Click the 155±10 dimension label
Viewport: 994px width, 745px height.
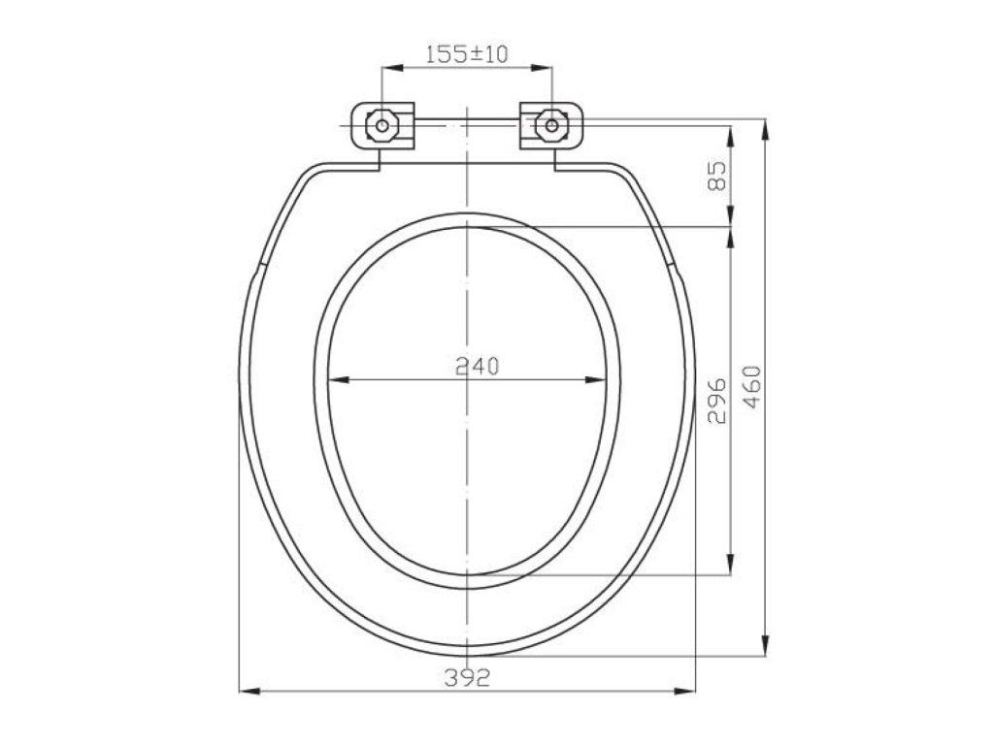point(467,54)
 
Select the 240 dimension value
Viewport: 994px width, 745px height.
point(478,366)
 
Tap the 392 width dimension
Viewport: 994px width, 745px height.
point(467,678)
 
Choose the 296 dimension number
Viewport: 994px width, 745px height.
point(715,401)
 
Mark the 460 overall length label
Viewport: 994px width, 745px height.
point(751,387)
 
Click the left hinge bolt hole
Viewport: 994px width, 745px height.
point(382,125)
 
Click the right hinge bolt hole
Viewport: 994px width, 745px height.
point(551,125)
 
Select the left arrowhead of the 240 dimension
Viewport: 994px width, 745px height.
point(340,380)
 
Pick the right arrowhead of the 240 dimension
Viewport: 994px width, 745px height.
point(595,380)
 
